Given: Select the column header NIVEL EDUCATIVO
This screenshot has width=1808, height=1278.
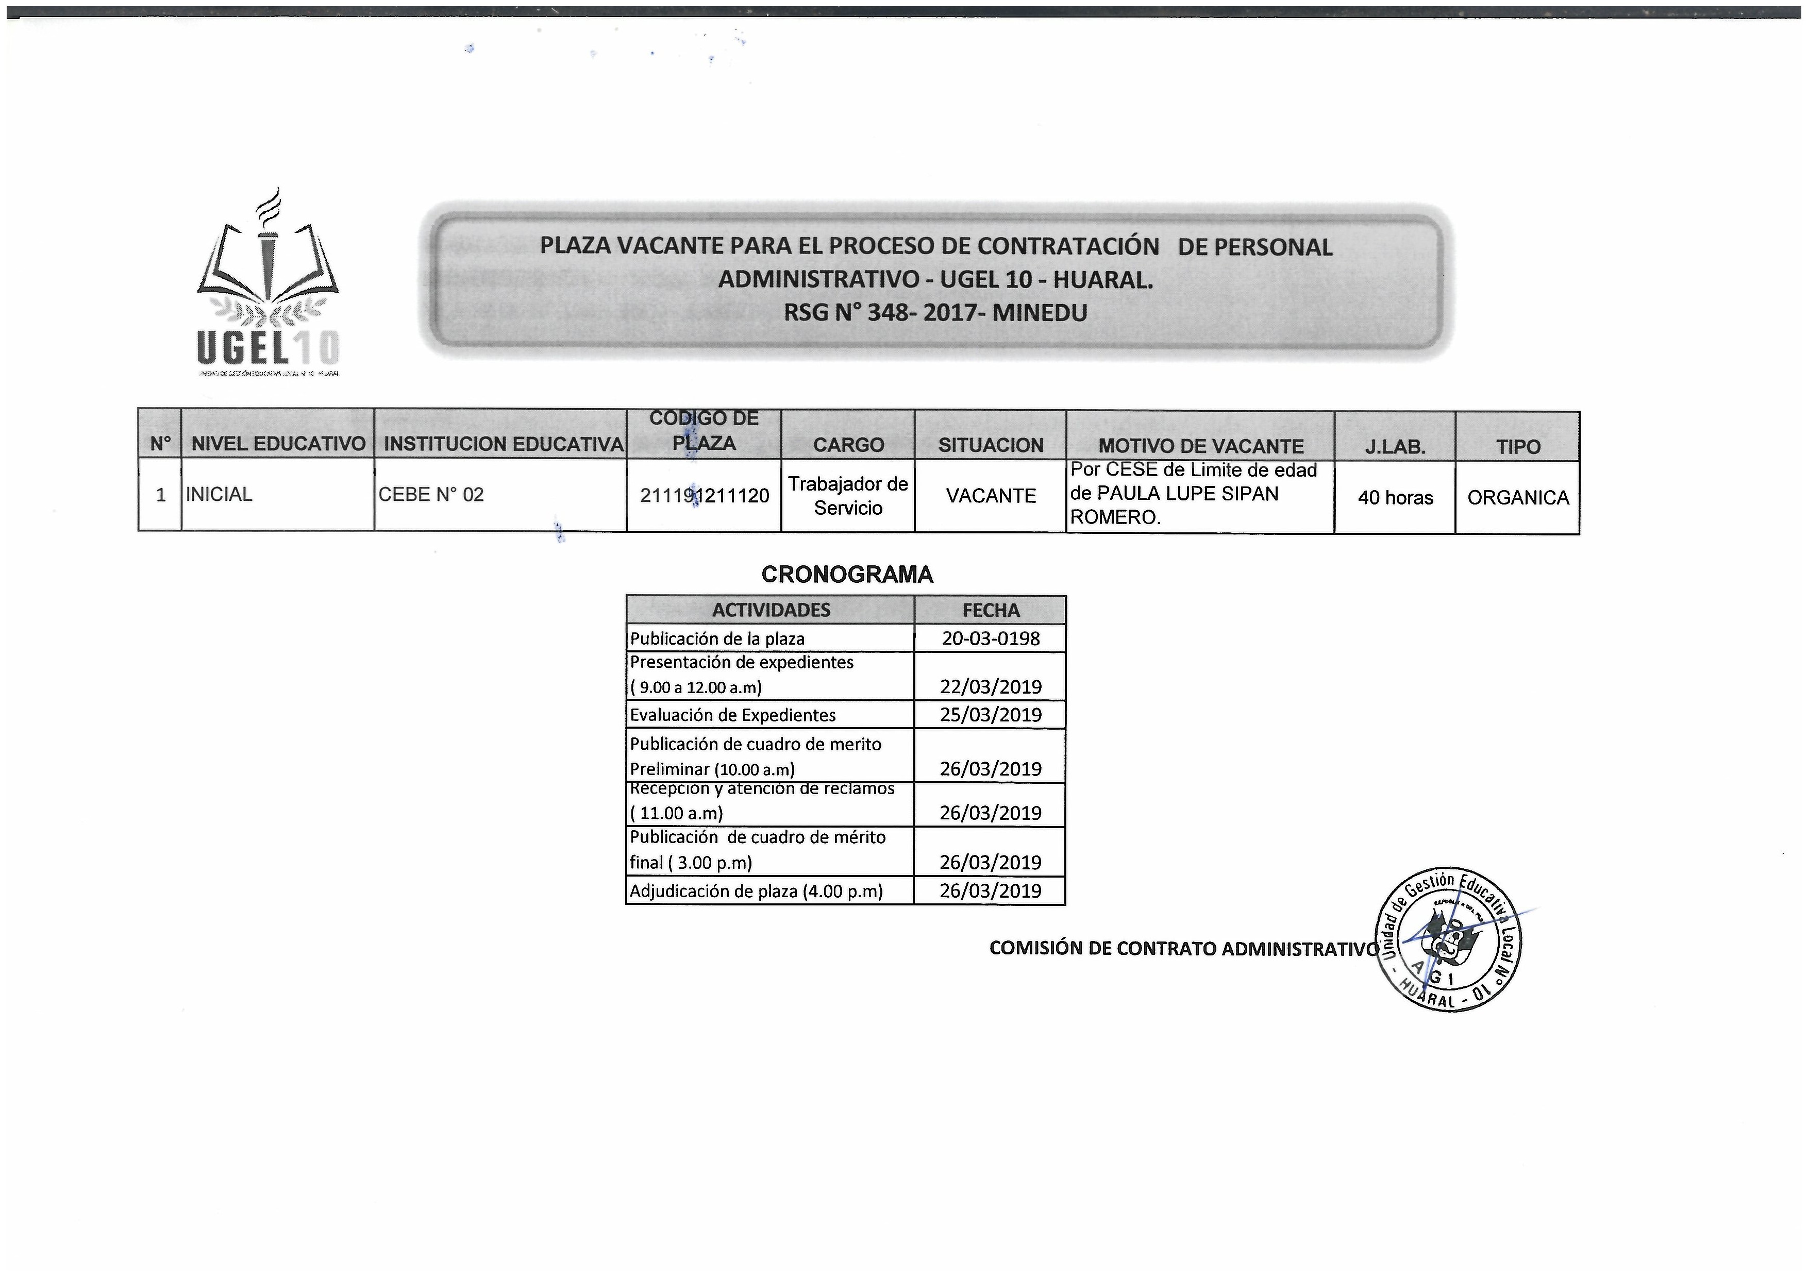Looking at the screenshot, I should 278,444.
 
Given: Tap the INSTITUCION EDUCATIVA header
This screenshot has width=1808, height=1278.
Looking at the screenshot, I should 503,444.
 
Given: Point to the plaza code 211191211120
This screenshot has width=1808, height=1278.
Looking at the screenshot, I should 704,495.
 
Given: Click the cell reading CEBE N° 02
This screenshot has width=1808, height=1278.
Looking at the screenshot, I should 431,495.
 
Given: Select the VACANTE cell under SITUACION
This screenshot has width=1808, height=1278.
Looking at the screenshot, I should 990,496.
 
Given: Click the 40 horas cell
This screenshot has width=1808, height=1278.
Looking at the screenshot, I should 1395,498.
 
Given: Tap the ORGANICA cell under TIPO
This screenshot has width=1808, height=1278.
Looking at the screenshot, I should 1517,498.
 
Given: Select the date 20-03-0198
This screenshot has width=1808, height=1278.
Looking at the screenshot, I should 990,638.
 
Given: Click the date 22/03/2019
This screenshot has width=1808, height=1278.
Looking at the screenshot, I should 990,686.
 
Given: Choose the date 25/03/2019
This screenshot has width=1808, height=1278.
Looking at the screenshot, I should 990,715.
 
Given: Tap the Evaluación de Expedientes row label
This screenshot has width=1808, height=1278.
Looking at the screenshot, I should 732,715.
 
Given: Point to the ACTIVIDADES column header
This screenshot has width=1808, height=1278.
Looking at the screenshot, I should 771,610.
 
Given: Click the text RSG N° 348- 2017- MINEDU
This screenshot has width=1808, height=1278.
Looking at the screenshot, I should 935,313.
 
